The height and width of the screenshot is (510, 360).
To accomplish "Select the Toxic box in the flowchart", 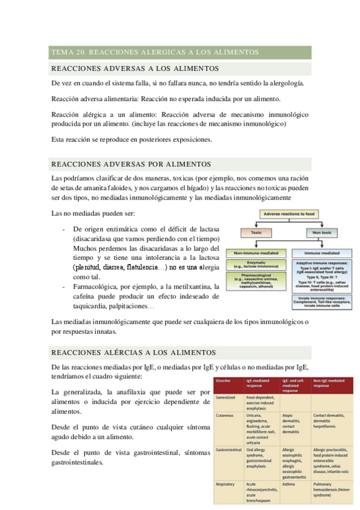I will click(x=256, y=232).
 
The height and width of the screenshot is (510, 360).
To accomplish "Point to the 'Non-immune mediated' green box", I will click(x=255, y=253).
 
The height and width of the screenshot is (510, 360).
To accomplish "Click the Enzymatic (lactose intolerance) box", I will click(x=255, y=265).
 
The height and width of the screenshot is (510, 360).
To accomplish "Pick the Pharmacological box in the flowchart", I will click(x=255, y=281).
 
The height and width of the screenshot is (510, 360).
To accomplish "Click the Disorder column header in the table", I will click(x=223, y=381).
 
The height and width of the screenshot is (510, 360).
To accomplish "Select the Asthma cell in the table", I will click(x=290, y=484).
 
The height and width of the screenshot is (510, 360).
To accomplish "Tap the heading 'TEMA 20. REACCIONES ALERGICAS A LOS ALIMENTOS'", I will click(x=155, y=52).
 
